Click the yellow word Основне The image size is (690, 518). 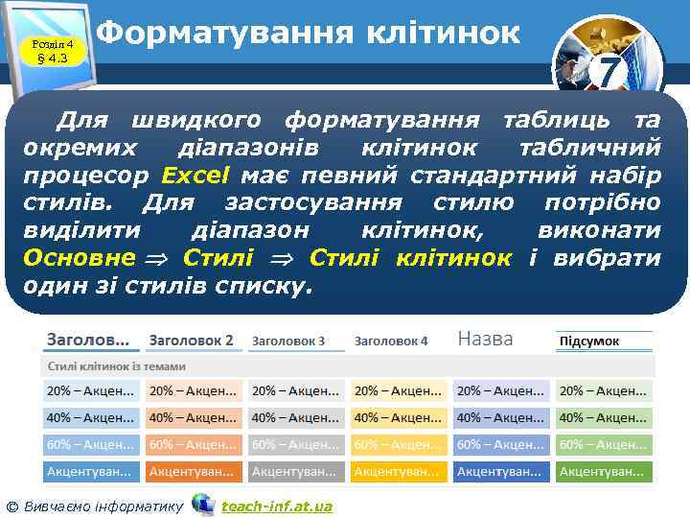(79, 258)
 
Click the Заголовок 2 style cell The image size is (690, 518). (192, 341)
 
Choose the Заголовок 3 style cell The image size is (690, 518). (288, 341)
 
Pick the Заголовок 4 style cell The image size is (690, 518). (391, 341)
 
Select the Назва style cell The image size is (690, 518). (485, 339)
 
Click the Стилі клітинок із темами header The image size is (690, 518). (116, 366)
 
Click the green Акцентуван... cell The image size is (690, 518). (602, 472)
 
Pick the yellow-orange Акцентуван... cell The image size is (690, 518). (398, 472)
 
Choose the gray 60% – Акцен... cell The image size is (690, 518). (295, 445)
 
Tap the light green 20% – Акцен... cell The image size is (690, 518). (602, 391)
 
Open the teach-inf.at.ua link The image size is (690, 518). (277, 506)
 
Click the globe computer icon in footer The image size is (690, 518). (202, 504)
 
